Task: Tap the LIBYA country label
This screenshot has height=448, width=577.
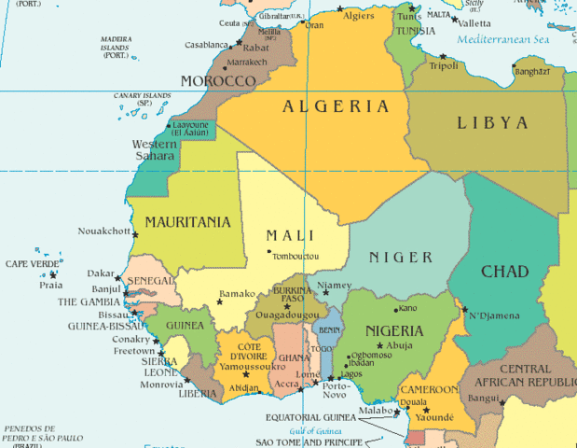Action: [492, 123]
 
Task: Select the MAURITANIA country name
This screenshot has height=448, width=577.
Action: [186, 223]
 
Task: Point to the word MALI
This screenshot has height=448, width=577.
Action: [290, 235]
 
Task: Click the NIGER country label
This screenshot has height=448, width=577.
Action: [401, 258]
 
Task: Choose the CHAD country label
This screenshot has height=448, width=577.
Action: [504, 272]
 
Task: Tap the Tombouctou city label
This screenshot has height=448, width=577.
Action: [295, 257]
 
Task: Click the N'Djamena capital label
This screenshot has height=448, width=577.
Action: [495, 316]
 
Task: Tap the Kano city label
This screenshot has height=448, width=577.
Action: [408, 308]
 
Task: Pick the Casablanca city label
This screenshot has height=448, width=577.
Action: [206, 45]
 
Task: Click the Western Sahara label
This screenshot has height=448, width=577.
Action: [155, 150]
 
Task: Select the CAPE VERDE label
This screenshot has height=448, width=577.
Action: [32, 264]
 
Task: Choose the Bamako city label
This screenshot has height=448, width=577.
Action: [237, 294]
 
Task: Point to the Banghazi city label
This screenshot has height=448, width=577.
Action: [531, 71]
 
